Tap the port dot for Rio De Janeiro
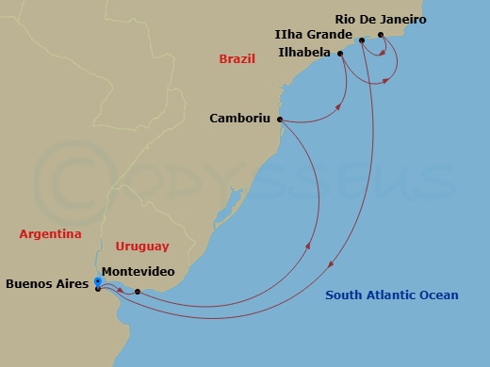381,36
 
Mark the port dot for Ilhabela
340,54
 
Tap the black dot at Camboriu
281,120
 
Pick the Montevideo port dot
138,292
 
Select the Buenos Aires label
46,281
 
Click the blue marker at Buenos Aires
98,280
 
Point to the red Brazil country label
237,58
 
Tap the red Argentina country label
50,233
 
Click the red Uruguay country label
141,246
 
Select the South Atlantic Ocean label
391,295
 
